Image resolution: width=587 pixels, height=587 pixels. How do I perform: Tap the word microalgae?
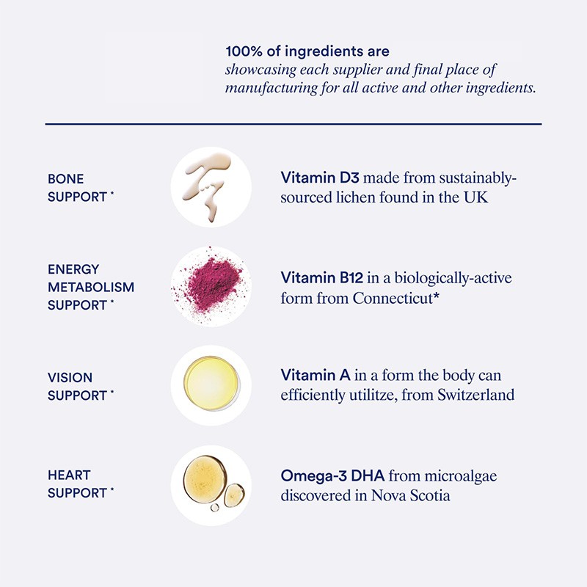click(x=463, y=475)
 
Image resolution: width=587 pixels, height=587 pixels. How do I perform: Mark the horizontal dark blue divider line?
click(x=293, y=124)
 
